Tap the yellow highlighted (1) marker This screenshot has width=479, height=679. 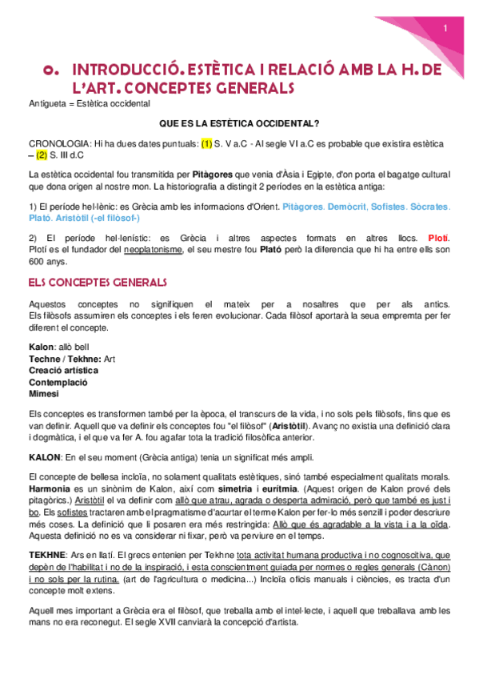(x=206, y=144)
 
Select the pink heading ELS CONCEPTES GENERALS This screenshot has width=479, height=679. (x=97, y=282)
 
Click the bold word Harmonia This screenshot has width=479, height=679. (x=50, y=488)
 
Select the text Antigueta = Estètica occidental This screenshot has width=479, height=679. (x=88, y=104)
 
